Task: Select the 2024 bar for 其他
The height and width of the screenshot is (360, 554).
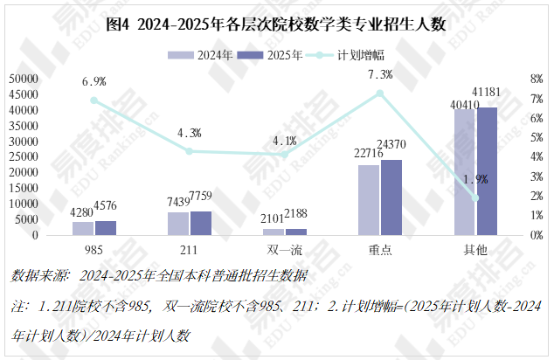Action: [x=464, y=172]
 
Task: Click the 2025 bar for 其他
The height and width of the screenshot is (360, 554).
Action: [x=487, y=171]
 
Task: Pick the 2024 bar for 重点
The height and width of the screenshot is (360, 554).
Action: [x=369, y=200]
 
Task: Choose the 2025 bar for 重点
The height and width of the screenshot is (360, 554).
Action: [x=391, y=197]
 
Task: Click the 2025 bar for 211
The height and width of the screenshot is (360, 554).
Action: [x=202, y=223]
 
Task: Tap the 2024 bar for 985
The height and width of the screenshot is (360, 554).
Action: [x=83, y=228]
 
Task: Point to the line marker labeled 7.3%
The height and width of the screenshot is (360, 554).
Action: [x=380, y=93]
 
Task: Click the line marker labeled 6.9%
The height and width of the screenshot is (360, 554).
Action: [x=94, y=100]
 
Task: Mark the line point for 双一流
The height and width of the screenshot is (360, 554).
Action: [x=285, y=155]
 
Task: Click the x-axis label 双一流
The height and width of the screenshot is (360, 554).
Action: [x=284, y=250]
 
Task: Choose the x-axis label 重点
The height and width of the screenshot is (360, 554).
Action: [x=380, y=250]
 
